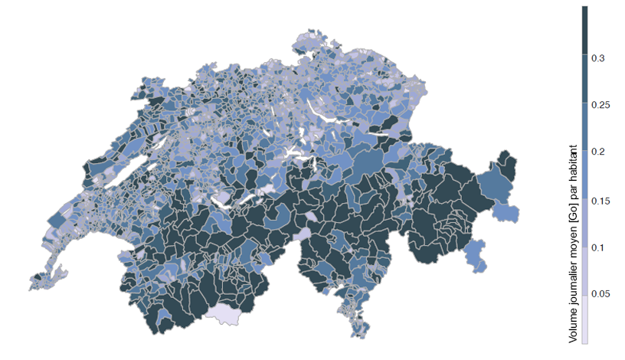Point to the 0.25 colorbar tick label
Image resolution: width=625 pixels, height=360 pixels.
point(600,105)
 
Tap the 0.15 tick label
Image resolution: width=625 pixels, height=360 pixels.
point(600,200)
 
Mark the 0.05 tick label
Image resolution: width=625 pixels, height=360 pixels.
point(600,295)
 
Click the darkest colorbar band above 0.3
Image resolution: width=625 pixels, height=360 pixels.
point(584,31)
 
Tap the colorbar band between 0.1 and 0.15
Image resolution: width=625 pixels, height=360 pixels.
point(584,224)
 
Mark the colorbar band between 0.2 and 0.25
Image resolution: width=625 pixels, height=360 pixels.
point(584,129)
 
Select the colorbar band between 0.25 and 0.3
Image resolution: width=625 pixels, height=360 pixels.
point(584,81)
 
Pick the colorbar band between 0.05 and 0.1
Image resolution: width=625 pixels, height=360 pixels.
point(584,271)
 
